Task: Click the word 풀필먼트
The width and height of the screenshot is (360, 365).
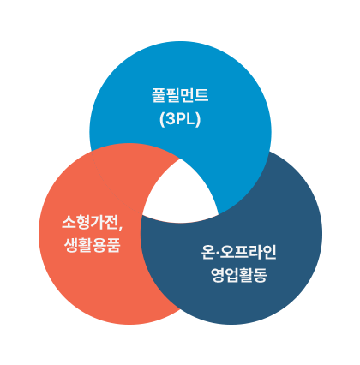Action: pos(180,95)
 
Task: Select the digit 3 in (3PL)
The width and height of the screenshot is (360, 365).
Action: pos(170,119)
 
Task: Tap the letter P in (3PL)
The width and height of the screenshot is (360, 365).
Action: pos(180,119)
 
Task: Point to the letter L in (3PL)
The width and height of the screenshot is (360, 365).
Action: pos(189,119)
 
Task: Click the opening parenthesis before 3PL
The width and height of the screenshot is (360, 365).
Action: pos(162,119)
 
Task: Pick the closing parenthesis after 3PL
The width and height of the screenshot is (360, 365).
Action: pos(197,119)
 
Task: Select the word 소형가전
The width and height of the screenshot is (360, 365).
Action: pos(89,222)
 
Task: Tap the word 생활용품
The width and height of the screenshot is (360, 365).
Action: pos(92,245)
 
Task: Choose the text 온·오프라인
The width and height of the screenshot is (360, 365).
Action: pos(238,252)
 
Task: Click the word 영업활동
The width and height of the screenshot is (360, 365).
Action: pos(239,275)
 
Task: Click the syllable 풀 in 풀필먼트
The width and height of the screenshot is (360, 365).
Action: pos(159,95)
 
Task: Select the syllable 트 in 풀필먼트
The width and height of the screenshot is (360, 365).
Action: pos(201,95)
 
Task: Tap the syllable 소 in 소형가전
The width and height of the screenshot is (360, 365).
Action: pos(69,222)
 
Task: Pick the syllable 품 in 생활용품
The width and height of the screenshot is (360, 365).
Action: pos(113,245)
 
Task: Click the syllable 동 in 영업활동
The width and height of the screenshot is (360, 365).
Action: pos(261,275)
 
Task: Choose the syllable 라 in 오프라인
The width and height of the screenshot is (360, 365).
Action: pos(255,252)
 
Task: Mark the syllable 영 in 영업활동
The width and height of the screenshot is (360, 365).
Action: pos(218,275)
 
